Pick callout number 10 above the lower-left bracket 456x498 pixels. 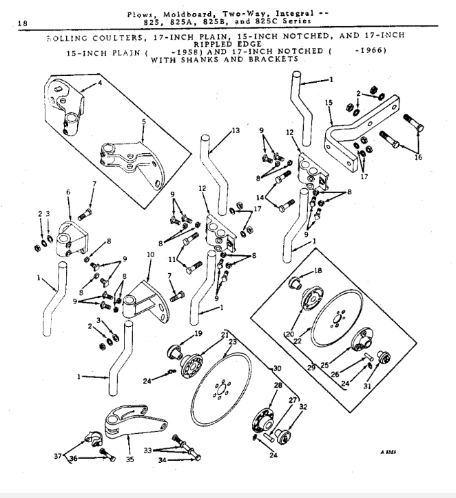click(x=149, y=255)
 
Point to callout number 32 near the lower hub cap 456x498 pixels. click(x=304, y=407)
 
